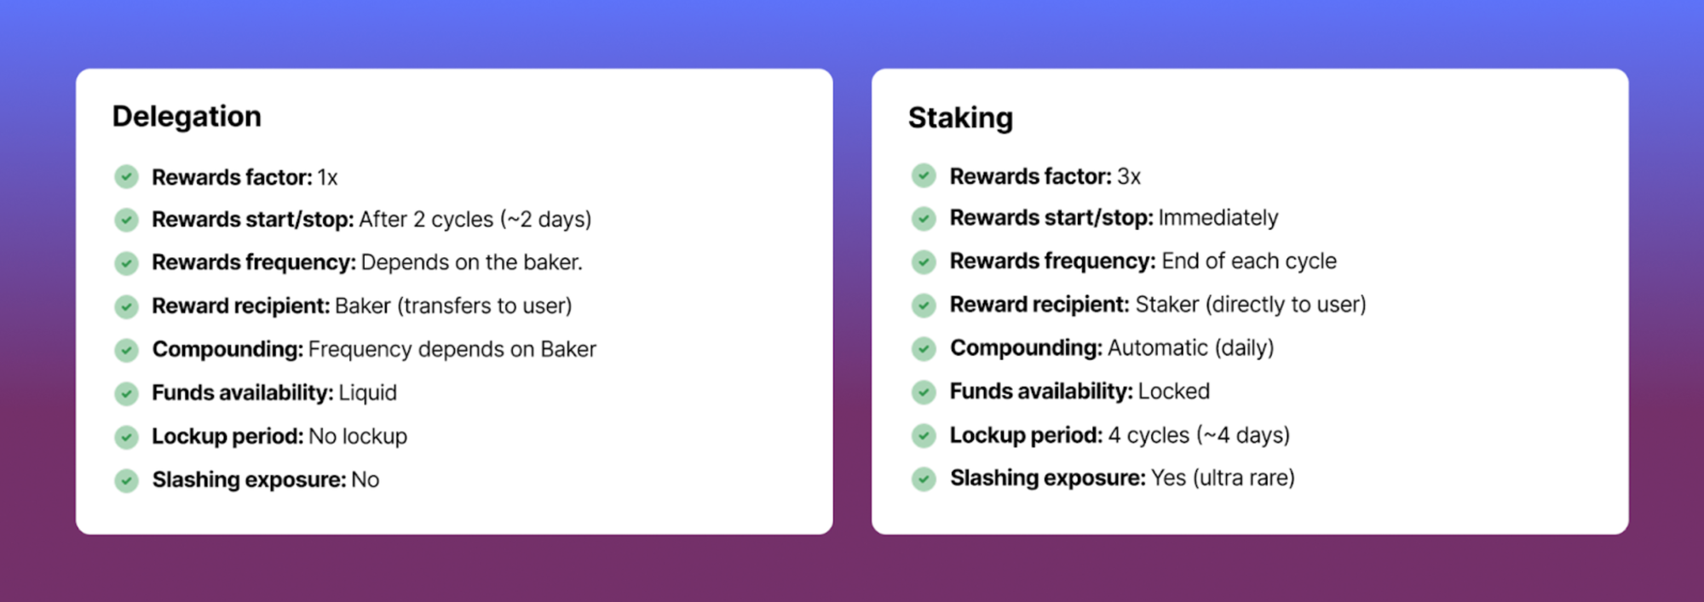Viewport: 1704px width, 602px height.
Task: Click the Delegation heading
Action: pyautogui.click(x=187, y=117)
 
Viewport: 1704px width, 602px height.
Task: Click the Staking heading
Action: pyautogui.click(x=960, y=118)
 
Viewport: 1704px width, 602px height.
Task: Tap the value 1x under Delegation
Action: pyautogui.click(x=328, y=177)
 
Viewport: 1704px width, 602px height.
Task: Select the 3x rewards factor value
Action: pyautogui.click(x=1129, y=176)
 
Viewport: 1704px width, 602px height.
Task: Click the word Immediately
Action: pyautogui.click(x=1218, y=218)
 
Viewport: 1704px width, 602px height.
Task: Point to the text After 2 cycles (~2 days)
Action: pyautogui.click(x=475, y=220)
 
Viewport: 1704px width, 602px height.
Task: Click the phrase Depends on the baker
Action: pyautogui.click(x=472, y=262)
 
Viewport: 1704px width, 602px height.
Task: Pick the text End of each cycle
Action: pyautogui.click(x=1249, y=261)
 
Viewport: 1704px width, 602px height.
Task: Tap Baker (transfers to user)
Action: pyautogui.click(x=453, y=306)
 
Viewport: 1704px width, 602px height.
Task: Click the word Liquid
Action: pyautogui.click(x=368, y=393)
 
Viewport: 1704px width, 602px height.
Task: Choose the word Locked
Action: pyautogui.click(x=1174, y=391)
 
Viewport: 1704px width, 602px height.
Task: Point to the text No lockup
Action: pyautogui.click(x=358, y=436)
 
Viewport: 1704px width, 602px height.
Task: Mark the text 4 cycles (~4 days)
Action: pyautogui.click(x=1199, y=435)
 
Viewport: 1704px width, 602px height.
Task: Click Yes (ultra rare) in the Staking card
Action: pyautogui.click(x=1223, y=478)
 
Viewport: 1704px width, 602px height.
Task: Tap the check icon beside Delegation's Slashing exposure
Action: pyautogui.click(x=126, y=480)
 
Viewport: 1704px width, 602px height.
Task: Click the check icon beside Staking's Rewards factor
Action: pyautogui.click(x=924, y=175)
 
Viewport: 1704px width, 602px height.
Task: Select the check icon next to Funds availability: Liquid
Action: pyautogui.click(x=126, y=393)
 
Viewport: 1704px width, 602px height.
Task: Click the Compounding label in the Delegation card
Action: pyautogui.click(x=227, y=349)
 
